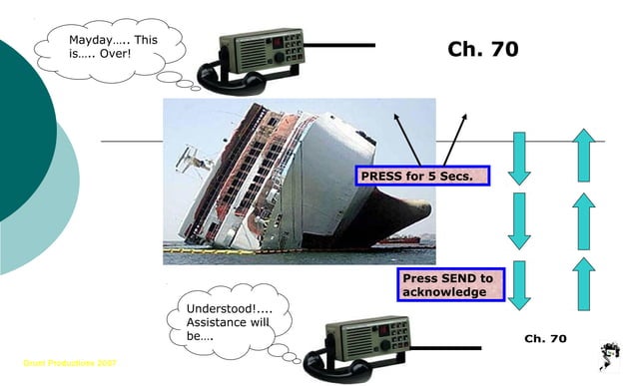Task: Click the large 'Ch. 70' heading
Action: (483, 50)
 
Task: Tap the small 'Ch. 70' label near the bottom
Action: (545, 339)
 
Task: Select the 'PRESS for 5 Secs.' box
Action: (425, 177)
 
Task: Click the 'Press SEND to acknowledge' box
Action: (447, 285)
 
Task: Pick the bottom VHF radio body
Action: (370, 339)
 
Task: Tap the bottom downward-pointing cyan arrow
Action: (519, 286)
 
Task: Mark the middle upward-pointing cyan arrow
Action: (585, 221)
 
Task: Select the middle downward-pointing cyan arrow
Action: (519, 221)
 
